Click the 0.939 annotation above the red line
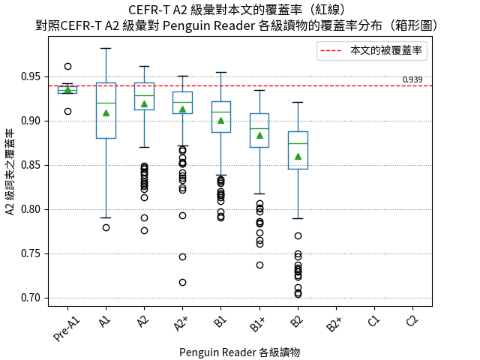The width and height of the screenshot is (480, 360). [412, 79]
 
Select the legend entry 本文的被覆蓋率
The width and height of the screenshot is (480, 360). [387, 51]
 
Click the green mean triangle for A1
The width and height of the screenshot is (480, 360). [106, 112]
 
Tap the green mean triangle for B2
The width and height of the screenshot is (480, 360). [298, 156]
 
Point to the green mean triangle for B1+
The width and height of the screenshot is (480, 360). [259, 135]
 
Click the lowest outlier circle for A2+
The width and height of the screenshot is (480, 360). [182, 283]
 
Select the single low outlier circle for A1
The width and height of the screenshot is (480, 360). [106, 227]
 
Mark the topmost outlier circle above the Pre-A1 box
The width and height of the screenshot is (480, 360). [67, 67]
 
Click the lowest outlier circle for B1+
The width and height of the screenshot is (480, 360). [259, 265]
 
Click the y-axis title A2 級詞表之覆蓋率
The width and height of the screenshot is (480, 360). [10, 172]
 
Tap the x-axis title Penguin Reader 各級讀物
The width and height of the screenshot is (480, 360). [240, 352]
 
